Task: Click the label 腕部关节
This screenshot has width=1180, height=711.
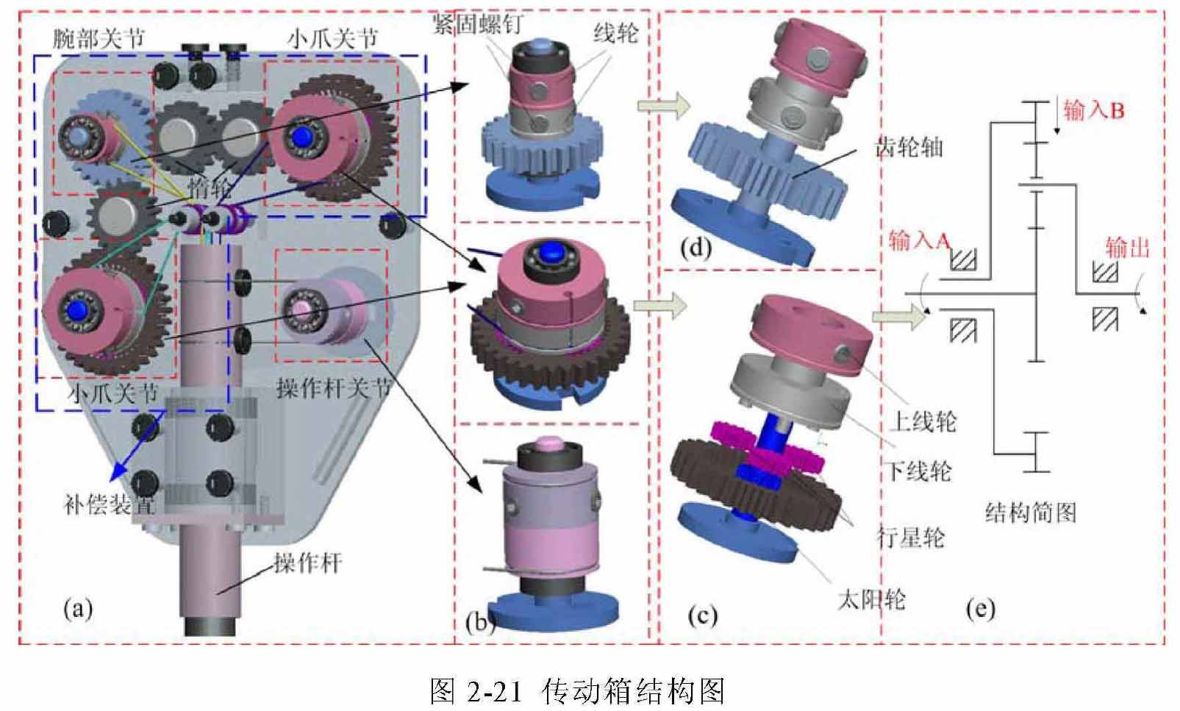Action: pos(99,38)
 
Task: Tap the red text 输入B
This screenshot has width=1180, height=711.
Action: pos(1093,111)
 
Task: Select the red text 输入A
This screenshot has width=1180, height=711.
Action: pos(920,240)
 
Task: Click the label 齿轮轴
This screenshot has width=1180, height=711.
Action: pos(909,148)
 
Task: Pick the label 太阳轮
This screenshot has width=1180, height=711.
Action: pos(872,599)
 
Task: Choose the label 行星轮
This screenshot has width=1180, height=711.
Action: pos(911,537)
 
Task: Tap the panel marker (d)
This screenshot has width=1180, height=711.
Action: pos(695,248)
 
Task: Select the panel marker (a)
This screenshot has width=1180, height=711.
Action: pos(78,609)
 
